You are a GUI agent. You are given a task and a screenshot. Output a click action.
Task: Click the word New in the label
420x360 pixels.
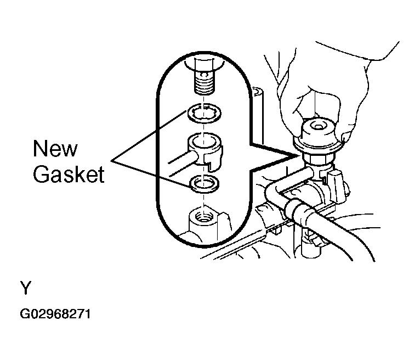55,149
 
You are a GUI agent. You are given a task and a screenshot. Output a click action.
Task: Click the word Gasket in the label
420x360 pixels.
69,174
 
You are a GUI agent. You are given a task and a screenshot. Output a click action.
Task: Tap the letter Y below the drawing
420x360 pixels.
26,288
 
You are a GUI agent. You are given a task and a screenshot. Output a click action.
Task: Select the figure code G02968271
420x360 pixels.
55,314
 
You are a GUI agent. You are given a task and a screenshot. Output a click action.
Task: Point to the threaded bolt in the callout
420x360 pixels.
204,78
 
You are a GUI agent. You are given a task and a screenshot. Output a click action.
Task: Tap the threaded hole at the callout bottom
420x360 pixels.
204,216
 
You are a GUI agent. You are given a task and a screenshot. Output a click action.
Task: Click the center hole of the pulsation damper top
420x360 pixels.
317,126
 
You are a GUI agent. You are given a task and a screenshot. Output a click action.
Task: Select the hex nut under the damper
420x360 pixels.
318,160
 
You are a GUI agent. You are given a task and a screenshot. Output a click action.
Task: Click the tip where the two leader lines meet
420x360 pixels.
111,161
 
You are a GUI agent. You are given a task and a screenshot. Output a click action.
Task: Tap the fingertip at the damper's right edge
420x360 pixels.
346,137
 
